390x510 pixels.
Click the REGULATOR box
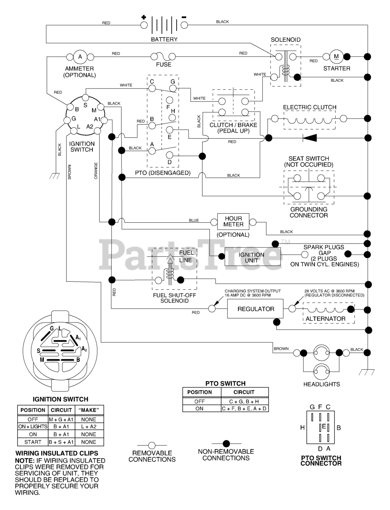pyautogui.click(x=256, y=309)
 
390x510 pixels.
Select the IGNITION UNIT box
pyautogui.click(x=252, y=257)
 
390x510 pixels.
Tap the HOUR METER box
pyautogui.click(x=233, y=221)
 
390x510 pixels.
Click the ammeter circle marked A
pyautogui.click(x=80, y=57)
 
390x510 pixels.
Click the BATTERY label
pyautogui.click(x=164, y=39)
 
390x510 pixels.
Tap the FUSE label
pyautogui.click(x=163, y=65)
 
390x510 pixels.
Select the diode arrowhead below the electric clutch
pyautogui.click(x=309, y=138)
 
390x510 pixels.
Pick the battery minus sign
pyautogui.click(x=184, y=18)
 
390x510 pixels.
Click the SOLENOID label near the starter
pyautogui.click(x=286, y=40)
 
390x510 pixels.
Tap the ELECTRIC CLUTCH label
pyautogui.click(x=309, y=107)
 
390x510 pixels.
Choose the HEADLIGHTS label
pyautogui.click(x=321, y=384)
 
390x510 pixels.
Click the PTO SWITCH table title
pyautogui.click(x=225, y=383)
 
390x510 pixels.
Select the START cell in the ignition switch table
pyautogui.click(x=33, y=442)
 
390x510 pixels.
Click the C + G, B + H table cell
pyautogui.click(x=244, y=401)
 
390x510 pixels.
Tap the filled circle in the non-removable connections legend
pyautogui.click(x=226, y=443)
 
